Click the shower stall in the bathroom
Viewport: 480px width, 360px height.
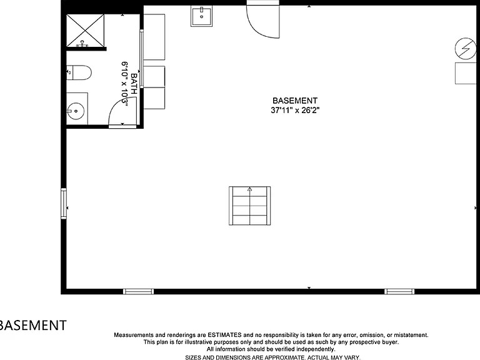[x=86, y=31]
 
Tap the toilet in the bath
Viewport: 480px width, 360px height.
[x=80, y=72]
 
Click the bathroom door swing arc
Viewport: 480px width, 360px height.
[x=122, y=112]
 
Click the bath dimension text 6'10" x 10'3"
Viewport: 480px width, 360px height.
[x=125, y=84]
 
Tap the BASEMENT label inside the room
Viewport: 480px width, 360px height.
[x=294, y=101]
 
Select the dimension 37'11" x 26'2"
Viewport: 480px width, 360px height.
[x=294, y=110]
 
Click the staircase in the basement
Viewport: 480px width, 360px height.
[x=249, y=206]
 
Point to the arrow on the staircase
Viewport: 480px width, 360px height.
[x=249, y=189]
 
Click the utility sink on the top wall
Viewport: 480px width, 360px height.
[x=201, y=16]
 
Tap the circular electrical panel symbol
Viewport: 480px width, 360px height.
[x=464, y=47]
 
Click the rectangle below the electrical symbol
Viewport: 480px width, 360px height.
[x=465, y=73]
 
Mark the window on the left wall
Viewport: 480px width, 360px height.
[x=64, y=204]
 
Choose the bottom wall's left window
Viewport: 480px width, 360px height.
[x=138, y=291]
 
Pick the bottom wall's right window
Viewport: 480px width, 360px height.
[x=399, y=291]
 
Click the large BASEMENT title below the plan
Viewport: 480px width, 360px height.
[x=32, y=325]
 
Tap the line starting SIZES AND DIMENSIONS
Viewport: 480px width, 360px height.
[x=272, y=357]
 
